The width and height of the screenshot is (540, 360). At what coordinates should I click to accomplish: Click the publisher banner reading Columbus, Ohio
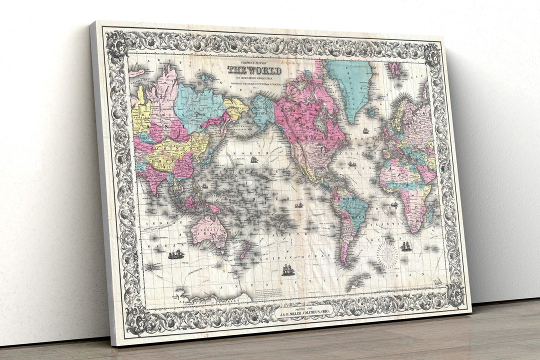tap(303, 314)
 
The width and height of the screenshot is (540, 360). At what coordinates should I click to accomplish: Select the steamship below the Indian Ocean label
tap(176, 254)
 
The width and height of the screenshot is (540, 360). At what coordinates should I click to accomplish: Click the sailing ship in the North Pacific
tap(254, 159)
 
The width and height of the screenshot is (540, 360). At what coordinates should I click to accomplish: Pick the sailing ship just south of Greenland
tap(365, 130)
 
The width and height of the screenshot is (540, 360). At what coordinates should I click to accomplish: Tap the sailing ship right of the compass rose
tap(406, 246)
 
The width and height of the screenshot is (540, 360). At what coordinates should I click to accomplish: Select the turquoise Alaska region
tap(263, 111)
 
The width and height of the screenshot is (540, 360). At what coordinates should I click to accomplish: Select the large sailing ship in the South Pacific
tap(288, 270)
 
